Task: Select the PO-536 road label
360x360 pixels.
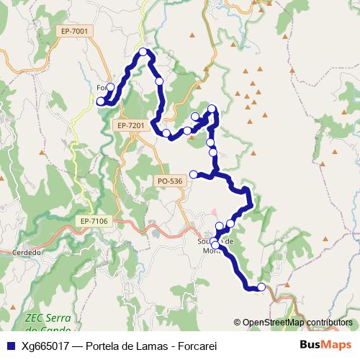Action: [x=169, y=181]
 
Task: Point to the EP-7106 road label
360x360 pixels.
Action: [x=94, y=221]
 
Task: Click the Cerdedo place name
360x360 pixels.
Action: [x=26, y=253]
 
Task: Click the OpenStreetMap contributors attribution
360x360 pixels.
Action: [x=297, y=323]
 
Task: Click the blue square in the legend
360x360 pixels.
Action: [x=10, y=346]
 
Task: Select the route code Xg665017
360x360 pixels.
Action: [x=45, y=346]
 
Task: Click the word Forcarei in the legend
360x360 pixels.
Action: [x=195, y=346]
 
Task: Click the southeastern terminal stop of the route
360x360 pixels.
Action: [x=261, y=287]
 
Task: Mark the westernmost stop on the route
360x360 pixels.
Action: [x=101, y=102]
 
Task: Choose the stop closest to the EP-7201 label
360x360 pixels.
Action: [x=166, y=133]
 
